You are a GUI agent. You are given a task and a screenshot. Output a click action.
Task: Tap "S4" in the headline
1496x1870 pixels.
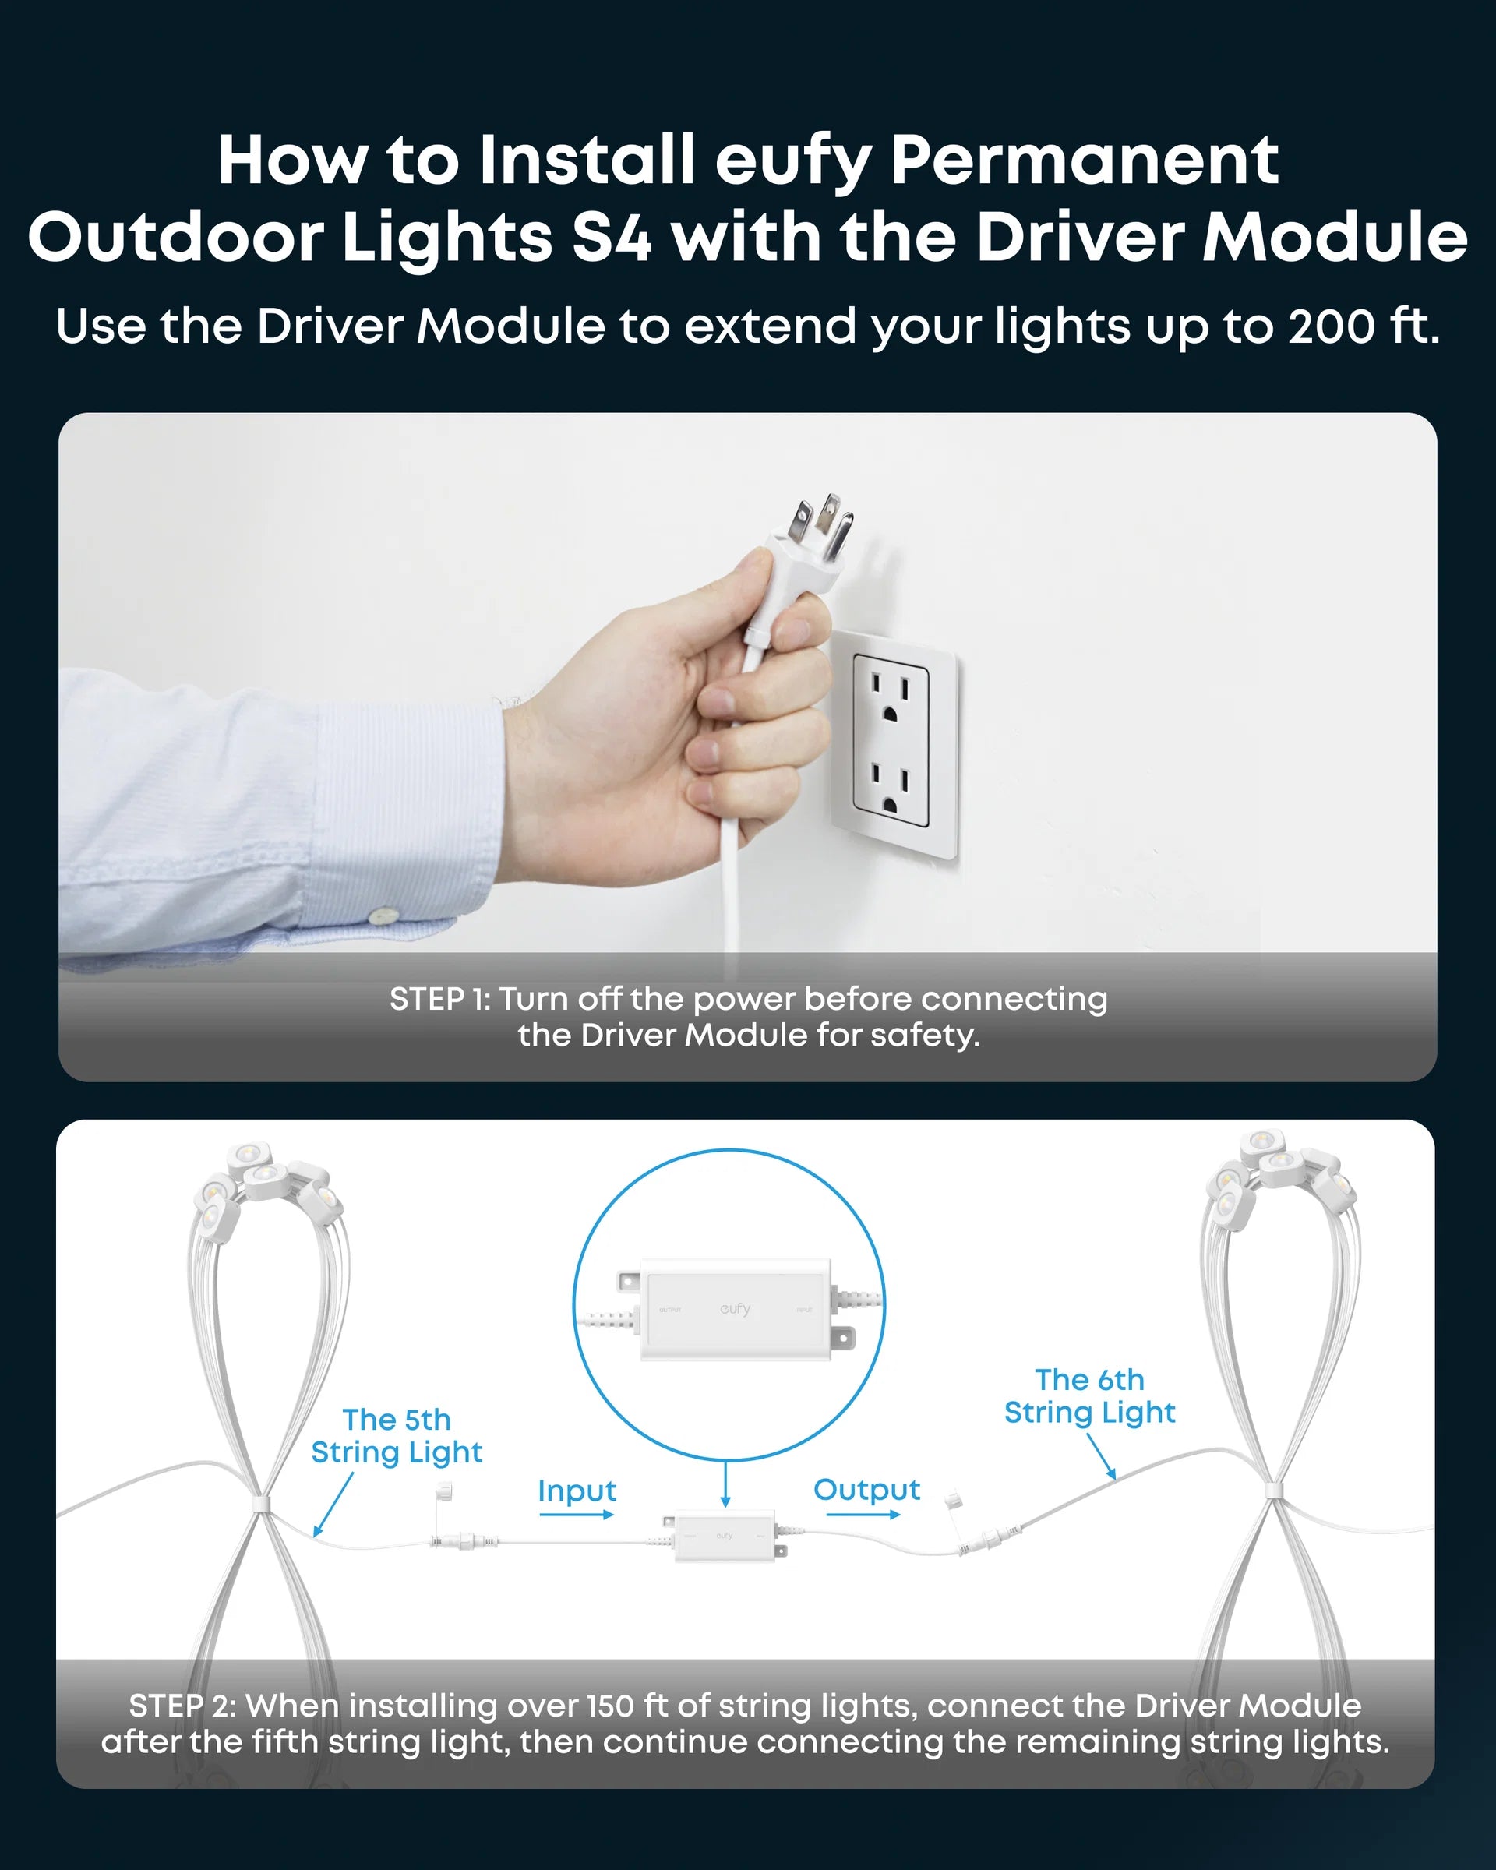(612, 238)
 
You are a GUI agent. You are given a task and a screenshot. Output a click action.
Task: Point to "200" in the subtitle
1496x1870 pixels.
(1329, 327)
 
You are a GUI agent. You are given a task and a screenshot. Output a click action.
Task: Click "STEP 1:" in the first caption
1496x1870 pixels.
(440, 999)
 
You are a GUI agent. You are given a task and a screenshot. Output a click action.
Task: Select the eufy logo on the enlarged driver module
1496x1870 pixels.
(735, 1309)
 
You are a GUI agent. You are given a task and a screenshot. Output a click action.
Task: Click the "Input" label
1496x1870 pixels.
(577, 1491)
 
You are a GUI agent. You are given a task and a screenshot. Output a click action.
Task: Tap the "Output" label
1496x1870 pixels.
(866, 1490)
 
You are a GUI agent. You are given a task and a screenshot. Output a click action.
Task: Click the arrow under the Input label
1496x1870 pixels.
(577, 1515)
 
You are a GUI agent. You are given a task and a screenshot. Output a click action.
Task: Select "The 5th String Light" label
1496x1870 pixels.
(397, 1436)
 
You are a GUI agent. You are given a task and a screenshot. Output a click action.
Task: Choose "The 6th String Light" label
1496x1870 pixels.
(1090, 1396)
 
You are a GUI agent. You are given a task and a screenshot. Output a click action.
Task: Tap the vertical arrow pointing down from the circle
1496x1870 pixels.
(726, 1485)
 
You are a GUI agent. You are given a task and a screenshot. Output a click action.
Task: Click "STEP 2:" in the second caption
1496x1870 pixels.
(182, 1706)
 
